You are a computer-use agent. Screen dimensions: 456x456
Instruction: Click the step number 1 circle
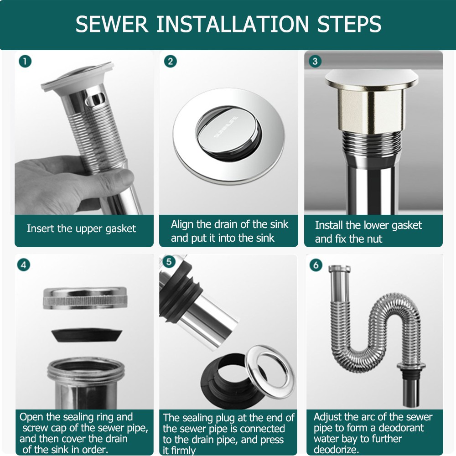click(x=25, y=62)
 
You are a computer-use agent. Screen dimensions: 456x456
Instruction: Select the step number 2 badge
click(x=171, y=62)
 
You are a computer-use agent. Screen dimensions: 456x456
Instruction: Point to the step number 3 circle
click(x=315, y=62)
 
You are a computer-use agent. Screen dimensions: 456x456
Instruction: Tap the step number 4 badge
click(x=24, y=264)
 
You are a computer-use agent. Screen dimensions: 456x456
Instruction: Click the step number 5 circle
click(x=169, y=262)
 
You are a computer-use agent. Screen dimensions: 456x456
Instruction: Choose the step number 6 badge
click(x=316, y=265)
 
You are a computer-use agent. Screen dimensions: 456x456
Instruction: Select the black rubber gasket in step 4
click(x=87, y=335)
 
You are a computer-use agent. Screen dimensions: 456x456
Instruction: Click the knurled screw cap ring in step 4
click(x=86, y=298)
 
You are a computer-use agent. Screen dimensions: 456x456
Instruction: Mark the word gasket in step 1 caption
click(x=120, y=229)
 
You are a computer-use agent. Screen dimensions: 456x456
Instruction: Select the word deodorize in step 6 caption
click(x=336, y=450)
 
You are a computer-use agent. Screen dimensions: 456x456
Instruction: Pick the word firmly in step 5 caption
click(x=183, y=451)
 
